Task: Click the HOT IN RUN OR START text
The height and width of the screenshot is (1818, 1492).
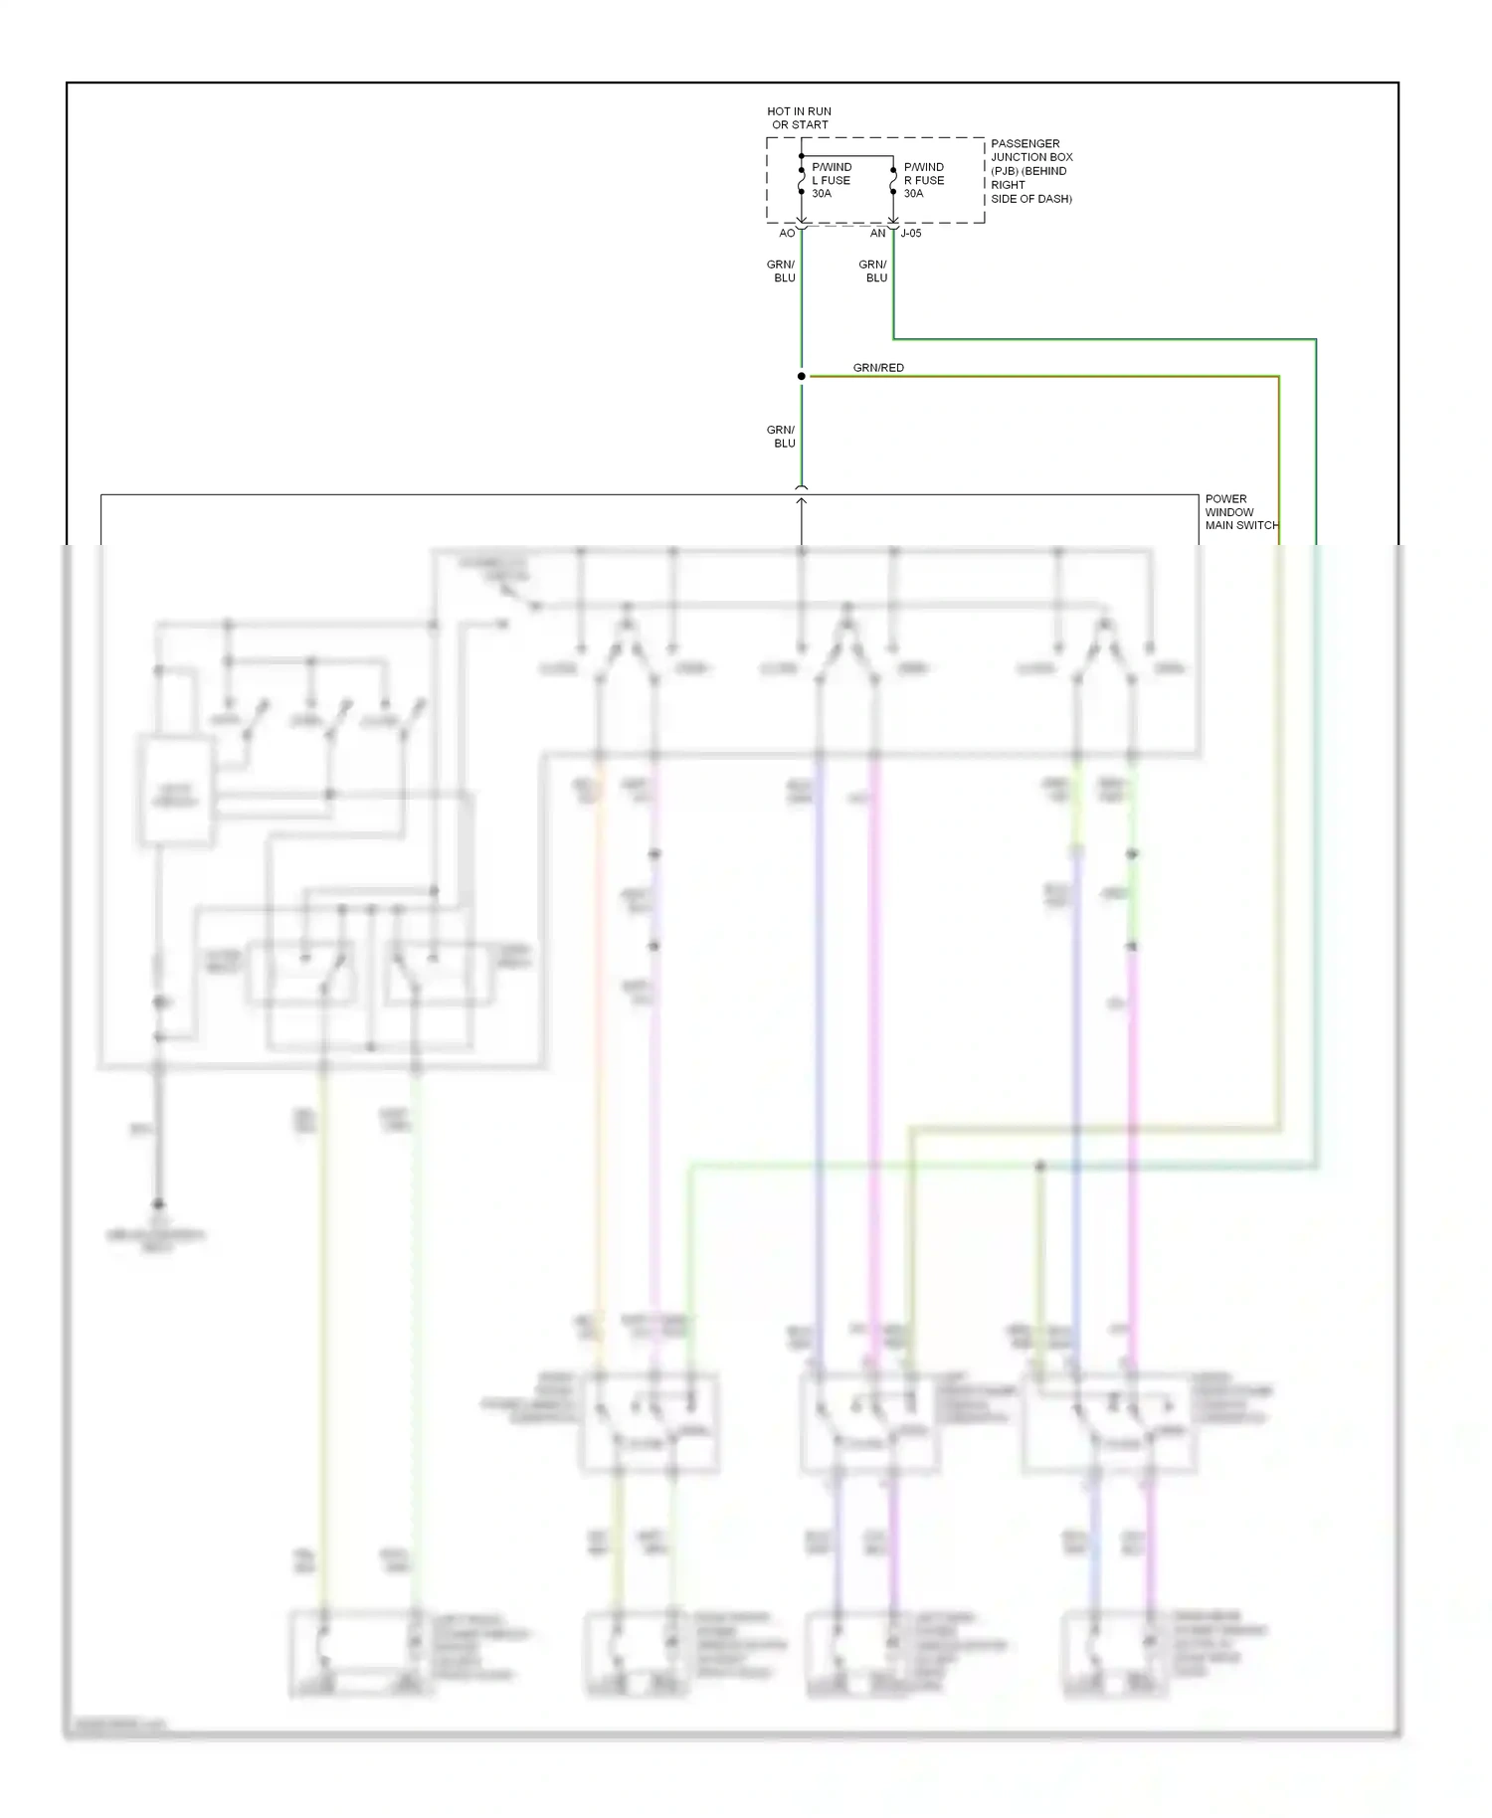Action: (x=799, y=118)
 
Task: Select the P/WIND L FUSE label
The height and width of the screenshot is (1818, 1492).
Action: (x=832, y=173)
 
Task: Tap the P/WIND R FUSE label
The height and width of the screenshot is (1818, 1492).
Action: (x=924, y=173)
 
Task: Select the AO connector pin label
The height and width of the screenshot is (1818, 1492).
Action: (x=786, y=234)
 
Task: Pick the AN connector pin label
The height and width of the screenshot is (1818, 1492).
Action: (x=877, y=234)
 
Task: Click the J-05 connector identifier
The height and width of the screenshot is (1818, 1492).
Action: (x=911, y=234)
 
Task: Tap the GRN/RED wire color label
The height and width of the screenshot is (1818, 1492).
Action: (x=878, y=368)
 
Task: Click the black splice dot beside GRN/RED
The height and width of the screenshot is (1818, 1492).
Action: (x=801, y=376)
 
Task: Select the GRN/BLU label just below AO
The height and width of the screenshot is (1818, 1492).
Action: (x=781, y=272)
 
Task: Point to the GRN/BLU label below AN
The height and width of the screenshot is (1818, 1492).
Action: (x=872, y=272)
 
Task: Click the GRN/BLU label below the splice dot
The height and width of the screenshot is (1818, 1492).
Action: (x=781, y=437)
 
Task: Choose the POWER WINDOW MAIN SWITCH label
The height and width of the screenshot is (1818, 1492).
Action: (x=1240, y=512)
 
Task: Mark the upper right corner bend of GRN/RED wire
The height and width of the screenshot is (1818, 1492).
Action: (x=1278, y=377)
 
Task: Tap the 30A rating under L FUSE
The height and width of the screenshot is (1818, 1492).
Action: (x=822, y=194)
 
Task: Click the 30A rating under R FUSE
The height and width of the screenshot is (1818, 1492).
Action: (x=913, y=194)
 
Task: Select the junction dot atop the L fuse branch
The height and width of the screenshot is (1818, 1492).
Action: (x=801, y=156)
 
